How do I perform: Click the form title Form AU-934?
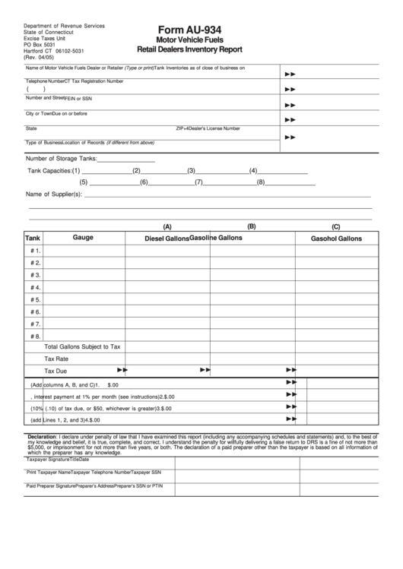click(x=189, y=27)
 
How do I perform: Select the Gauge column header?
click(x=83, y=238)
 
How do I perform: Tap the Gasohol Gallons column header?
click(x=335, y=239)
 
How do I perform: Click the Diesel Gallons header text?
click(x=167, y=239)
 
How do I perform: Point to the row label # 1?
click(x=35, y=251)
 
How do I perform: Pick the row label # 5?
click(x=35, y=300)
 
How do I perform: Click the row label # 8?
click(x=35, y=336)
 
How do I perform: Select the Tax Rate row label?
click(x=56, y=359)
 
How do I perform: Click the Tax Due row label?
click(x=56, y=371)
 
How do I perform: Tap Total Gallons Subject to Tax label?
click(x=82, y=346)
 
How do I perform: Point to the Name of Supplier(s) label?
click(x=54, y=194)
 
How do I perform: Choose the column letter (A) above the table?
click(x=167, y=226)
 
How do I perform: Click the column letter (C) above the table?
click(x=335, y=226)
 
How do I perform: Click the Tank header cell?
click(x=33, y=238)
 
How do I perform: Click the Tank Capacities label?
click(x=49, y=171)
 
